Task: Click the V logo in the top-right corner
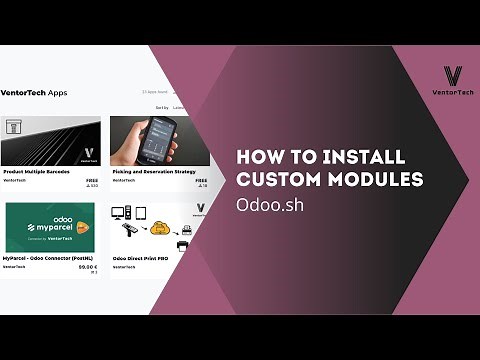(453, 74)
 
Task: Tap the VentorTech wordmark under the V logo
(453, 92)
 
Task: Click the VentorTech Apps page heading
(35, 93)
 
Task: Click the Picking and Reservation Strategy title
(152, 171)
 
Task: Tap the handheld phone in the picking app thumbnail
(150, 140)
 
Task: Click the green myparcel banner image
(50, 228)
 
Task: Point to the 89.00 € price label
(88, 267)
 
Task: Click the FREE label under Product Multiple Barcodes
(92, 179)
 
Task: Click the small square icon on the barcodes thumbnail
(15, 127)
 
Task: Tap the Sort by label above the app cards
(162, 107)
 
